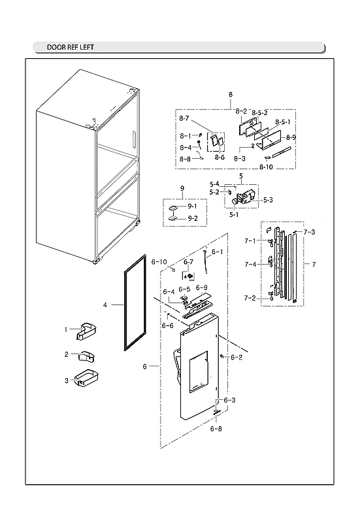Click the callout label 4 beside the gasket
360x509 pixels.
tap(105, 304)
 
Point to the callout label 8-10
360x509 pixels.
tap(266, 167)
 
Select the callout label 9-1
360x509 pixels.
tap(193, 206)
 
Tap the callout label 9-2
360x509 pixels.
tap(193, 218)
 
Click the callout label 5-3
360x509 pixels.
tap(267, 199)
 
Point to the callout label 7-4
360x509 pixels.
tap(250, 264)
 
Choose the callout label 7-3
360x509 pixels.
tap(309, 232)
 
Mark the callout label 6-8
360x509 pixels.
tap(216, 429)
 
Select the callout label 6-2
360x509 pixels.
tap(237, 357)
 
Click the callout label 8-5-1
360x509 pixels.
tap(282, 122)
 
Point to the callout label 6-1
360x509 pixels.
tap(217, 252)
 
